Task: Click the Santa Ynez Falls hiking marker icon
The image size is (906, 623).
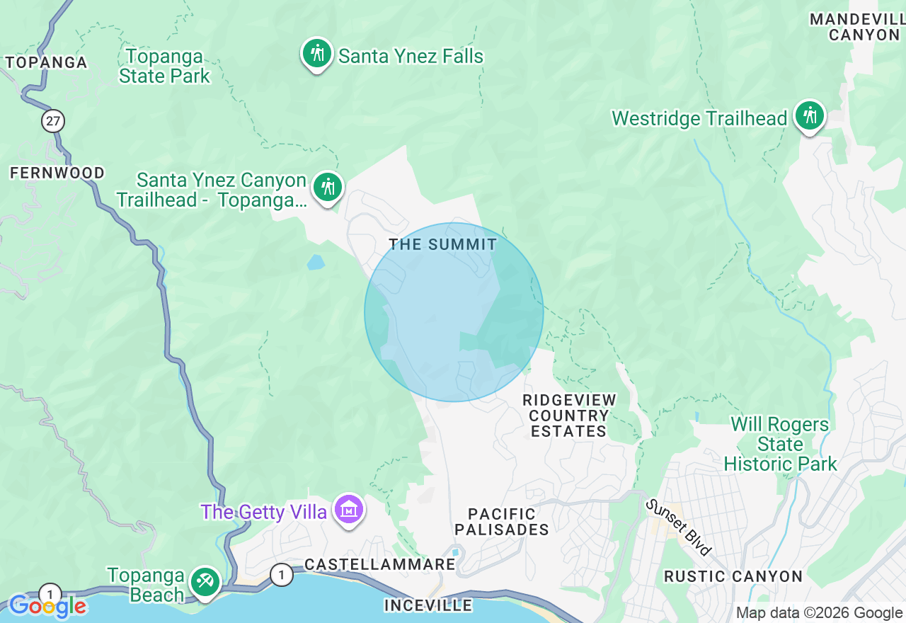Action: pos(317,54)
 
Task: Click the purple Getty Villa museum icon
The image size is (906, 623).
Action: pos(349,510)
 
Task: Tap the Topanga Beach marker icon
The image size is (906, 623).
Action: pos(205,583)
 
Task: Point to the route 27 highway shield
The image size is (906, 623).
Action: pos(52,121)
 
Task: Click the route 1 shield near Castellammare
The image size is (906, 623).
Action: pos(281,575)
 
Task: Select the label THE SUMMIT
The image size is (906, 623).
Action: pos(443,245)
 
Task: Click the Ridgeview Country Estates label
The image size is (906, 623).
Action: pos(569,416)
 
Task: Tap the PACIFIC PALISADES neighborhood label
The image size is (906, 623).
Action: pos(502,522)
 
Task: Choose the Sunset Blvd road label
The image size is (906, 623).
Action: pos(678,527)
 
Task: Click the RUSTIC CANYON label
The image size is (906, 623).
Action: pos(733,576)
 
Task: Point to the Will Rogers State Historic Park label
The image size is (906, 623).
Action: pos(780,445)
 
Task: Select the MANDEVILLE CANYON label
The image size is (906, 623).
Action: pos(857,27)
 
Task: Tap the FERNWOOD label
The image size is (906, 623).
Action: pos(57,173)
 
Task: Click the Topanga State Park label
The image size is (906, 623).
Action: pos(164,66)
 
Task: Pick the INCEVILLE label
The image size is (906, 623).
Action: pos(428,605)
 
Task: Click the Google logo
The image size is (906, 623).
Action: pos(47,606)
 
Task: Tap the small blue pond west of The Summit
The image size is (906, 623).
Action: pos(316,263)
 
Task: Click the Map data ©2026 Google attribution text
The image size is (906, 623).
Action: pos(819,613)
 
